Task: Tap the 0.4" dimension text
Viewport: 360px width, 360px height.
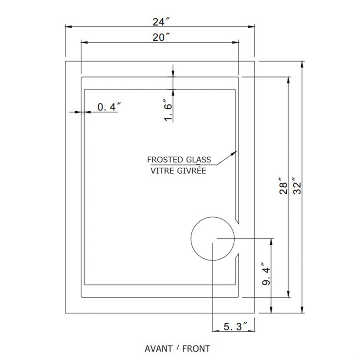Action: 109,107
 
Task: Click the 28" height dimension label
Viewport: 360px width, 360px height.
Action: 283,186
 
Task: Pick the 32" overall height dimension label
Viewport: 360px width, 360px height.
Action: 296,186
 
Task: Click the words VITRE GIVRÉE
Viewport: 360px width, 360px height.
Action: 178,171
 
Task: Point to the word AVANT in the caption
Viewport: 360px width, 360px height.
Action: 158,348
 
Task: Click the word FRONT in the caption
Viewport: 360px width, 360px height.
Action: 196,348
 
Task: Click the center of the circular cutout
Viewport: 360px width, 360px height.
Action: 212,239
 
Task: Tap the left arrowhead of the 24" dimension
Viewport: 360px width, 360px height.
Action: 68,27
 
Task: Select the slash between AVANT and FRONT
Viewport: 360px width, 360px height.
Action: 177,348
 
